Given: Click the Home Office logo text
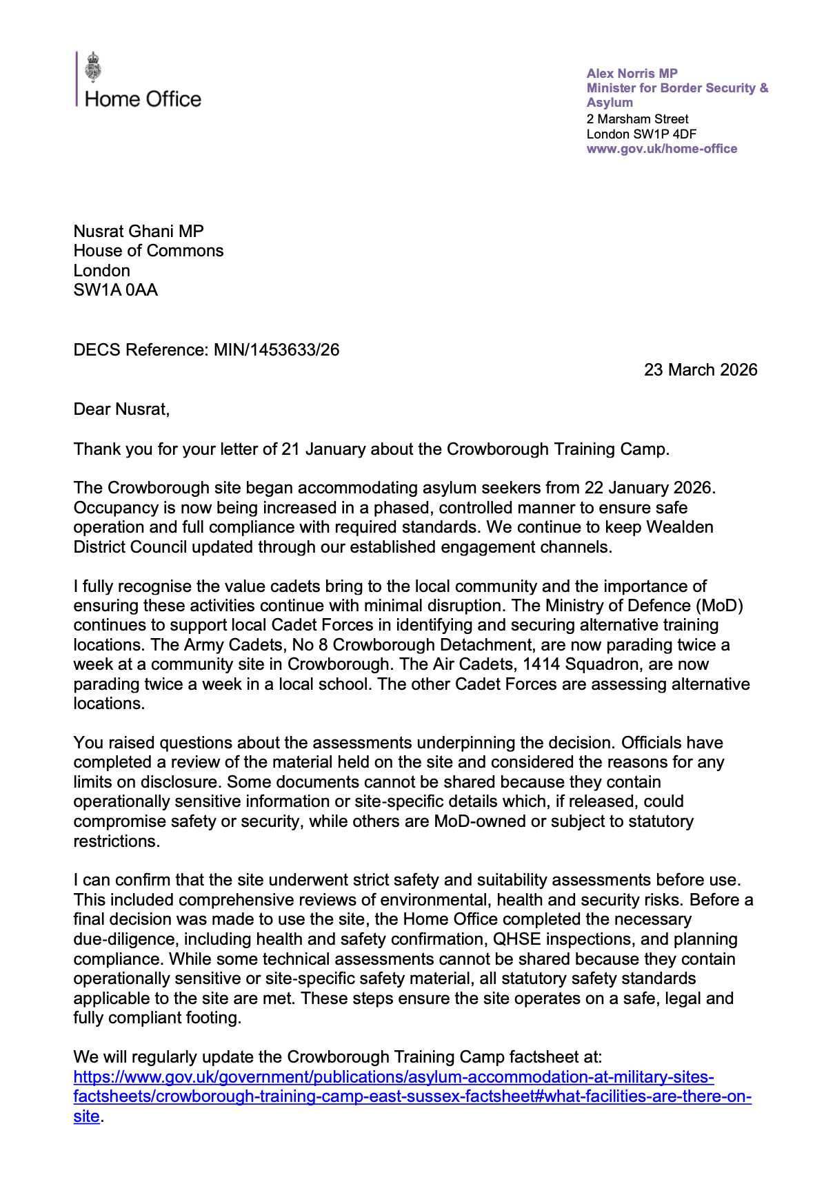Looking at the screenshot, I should click(x=143, y=99).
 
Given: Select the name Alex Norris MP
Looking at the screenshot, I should click(x=632, y=73).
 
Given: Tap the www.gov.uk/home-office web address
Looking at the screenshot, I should click(x=661, y=149).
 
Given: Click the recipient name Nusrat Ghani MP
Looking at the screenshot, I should click(x=139, y=232).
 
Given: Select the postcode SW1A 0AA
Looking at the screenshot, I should click(x=116, y=290).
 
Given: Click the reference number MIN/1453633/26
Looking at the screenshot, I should click(x=276, y=350).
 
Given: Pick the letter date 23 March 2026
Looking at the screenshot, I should click(x=700, y=370).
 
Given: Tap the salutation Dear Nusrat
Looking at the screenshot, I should click(x=121, y=409).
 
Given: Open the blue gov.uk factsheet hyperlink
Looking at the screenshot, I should click(x=393, y=1077).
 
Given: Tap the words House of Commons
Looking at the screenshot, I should click(x=148, y=251).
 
